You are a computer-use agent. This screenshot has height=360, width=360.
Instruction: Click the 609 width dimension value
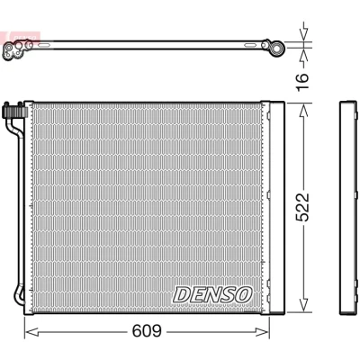point(147,331)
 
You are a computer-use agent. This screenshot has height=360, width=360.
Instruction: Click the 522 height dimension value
point(302,207)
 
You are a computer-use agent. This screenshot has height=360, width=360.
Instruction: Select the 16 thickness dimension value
point(302,82)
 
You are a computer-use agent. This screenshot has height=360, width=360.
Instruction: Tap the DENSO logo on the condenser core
point(212,294)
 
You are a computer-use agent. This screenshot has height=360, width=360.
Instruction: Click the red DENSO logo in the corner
point(21,37)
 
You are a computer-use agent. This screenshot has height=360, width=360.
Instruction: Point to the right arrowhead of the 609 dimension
point(263,332)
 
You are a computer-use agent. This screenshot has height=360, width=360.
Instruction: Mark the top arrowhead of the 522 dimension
point(303,111)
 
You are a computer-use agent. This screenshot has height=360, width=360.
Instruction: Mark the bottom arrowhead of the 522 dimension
point(303,305)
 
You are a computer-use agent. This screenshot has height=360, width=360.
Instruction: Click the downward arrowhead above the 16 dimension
point(303,34)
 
